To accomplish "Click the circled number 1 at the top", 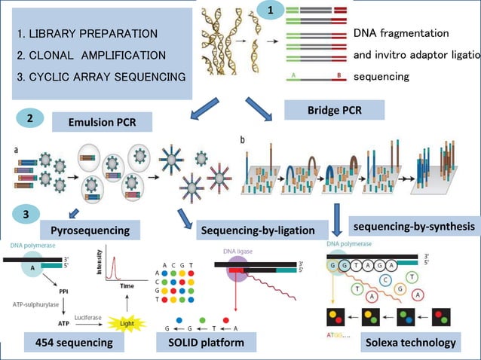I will click(271, 11).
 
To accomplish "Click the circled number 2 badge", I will click(28, 118).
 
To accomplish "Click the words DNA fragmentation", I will click(401, 34).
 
